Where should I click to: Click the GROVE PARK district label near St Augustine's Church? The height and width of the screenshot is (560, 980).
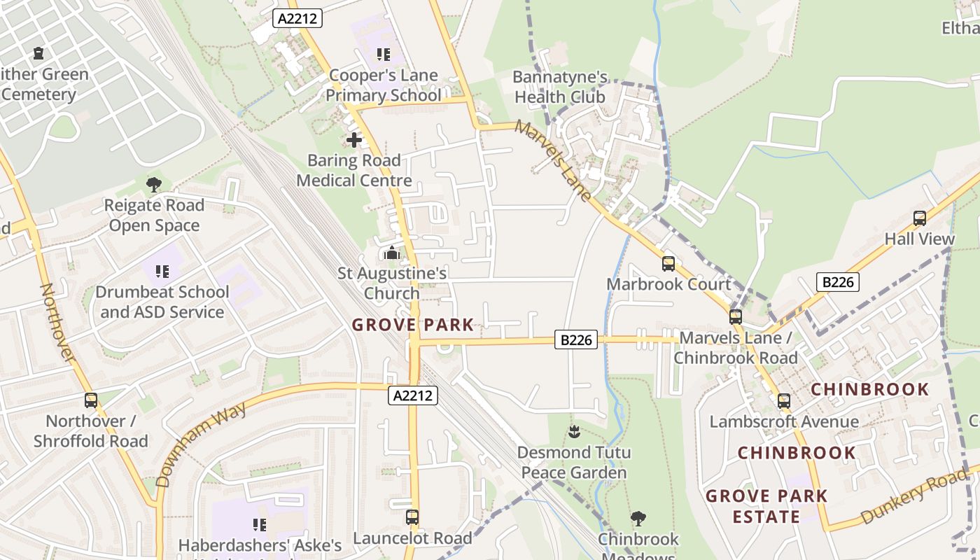(x=412, y=325)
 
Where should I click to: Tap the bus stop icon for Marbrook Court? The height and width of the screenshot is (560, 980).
(x=668, y=264)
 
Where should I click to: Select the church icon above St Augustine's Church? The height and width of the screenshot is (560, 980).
(x=391, y=253)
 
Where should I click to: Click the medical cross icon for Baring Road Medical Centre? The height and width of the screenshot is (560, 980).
(x=354, y=140)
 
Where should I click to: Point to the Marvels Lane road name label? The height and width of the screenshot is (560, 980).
(x=553, y=160)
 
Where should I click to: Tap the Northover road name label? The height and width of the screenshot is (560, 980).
(x=57, y=322)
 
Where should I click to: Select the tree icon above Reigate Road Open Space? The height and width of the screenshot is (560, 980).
(x=153, y=185)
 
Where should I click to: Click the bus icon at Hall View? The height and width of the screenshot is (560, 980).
(x=919, y=218)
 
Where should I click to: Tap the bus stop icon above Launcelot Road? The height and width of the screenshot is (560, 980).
(x=412, y=517)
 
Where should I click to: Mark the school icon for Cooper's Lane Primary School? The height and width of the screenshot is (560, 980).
(x=383, y=55)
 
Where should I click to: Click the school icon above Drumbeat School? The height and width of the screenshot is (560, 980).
(x=162, y=271)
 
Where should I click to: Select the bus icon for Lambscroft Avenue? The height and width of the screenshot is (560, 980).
(x=783, y=401)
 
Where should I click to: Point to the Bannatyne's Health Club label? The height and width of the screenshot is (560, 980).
(x=560, y=87)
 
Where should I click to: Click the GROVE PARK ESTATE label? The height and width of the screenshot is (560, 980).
(x=766, y=506)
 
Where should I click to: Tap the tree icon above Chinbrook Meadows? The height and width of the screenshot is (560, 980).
(x=638, y=519)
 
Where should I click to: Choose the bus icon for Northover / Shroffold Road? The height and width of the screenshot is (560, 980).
(x=91, y=400)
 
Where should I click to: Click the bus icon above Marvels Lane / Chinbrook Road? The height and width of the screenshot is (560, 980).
(x=735, y=317)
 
